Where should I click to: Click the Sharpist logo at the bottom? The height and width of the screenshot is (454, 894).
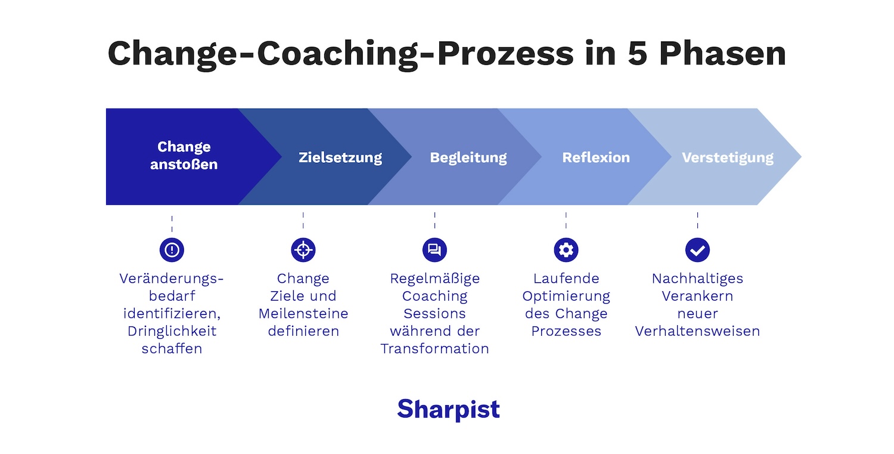pyautogui.click(x=448, y=410)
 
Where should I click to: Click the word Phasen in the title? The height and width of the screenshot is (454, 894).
pyautogui.click(x=722, y=54)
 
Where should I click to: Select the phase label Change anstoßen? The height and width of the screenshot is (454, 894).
pyautogui.click(x=184, y=156)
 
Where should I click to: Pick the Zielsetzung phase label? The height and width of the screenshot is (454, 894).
pyautogui.click(x=340, y=157)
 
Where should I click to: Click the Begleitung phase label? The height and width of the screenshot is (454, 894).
pyautogui.click(x=468, y=157)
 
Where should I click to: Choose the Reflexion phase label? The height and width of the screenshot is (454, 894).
pyautogui.click(x=595, y=157)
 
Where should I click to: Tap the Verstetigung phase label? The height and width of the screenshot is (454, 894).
pyautogui.click(x=727, y=157)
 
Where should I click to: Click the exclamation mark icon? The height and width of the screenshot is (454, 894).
pyautogui.click(x=172, y=249)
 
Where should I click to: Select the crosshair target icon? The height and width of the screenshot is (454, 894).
pyautogui.click(x=303, y=249)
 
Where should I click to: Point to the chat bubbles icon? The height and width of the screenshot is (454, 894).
pyautogui.click(x=434, y=249)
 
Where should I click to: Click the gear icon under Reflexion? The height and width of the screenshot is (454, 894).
pyautogui.click(x=566, y=249)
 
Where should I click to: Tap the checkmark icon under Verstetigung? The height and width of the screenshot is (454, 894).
pyautogui.click(x=697, y=249)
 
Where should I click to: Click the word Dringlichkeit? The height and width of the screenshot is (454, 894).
pyautogui.click(x=172, y=331)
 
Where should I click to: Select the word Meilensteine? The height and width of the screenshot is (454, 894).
pyautogui.click(x=303, y=313)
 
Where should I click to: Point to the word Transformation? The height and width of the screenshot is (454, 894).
pyautogui.click(x=434, y=349)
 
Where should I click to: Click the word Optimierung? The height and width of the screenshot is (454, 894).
pyautogui.click(x=566, y=296)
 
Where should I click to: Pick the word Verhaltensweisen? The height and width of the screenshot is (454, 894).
pyautogui.click(x=697, y=331)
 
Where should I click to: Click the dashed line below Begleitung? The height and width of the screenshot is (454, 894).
pyautogui.click(x=434, y=220)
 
